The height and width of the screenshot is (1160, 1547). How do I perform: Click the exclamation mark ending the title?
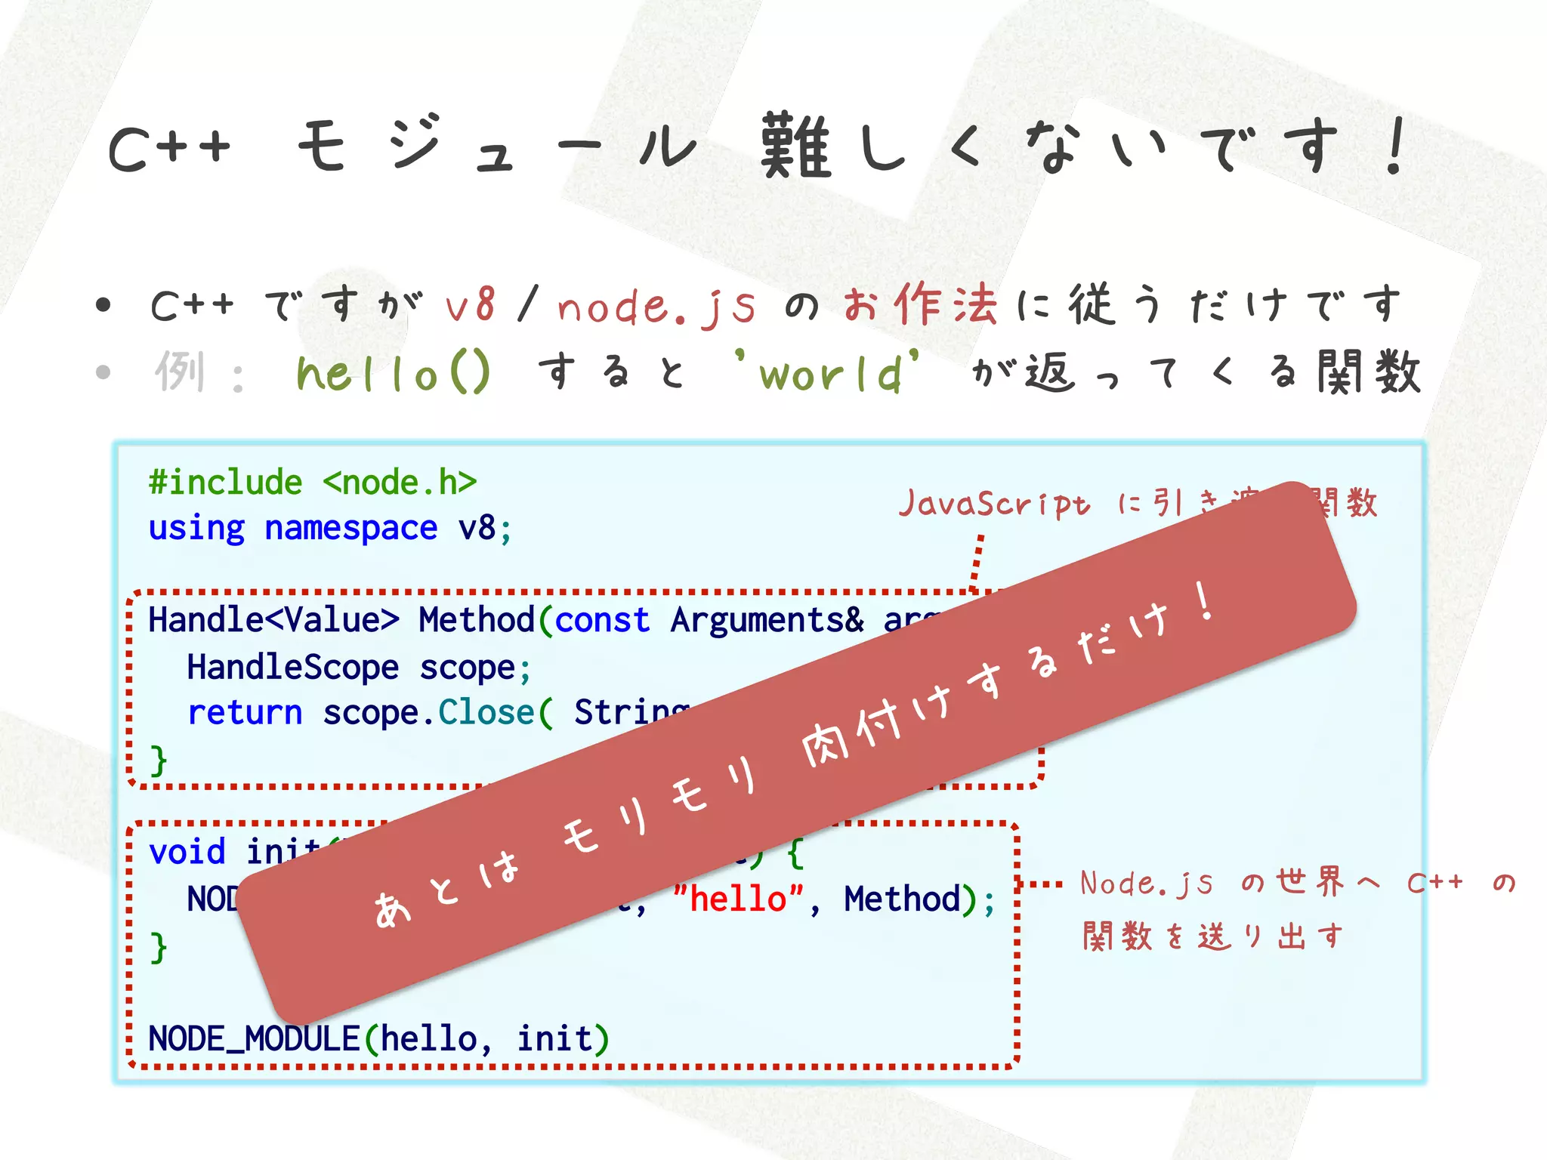click(x=1394, y=147)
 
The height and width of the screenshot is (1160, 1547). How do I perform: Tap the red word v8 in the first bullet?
click(x=470, y=305)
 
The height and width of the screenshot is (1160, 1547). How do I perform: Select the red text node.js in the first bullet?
click(x=656, y=307)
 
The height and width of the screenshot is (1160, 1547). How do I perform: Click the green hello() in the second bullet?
click(x=393, y=372)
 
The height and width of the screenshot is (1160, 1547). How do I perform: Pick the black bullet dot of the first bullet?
click(x=103, y=305)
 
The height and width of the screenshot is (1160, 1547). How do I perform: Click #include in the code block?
click(x=225, y=483)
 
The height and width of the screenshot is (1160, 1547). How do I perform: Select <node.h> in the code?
click(x=400, y=483)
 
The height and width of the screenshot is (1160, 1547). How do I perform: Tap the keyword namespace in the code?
click(x=350, y=528)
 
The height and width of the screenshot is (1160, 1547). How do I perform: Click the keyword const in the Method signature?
click(x=602, y=621)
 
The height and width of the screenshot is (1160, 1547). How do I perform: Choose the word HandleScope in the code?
click(x=292, y=668)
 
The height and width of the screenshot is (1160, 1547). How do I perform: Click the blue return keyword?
click(x=245, y=713)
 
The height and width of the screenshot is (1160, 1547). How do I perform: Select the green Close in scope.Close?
click(x=486, y=713)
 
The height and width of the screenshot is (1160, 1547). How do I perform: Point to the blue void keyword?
click(x=187, y=853)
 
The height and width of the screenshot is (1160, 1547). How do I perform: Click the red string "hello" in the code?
click(x=738, y=899)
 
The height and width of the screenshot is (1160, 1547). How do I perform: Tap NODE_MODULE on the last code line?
click(x=254, y=1039)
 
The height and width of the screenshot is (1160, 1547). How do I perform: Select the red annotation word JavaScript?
click(x=994, y=504)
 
